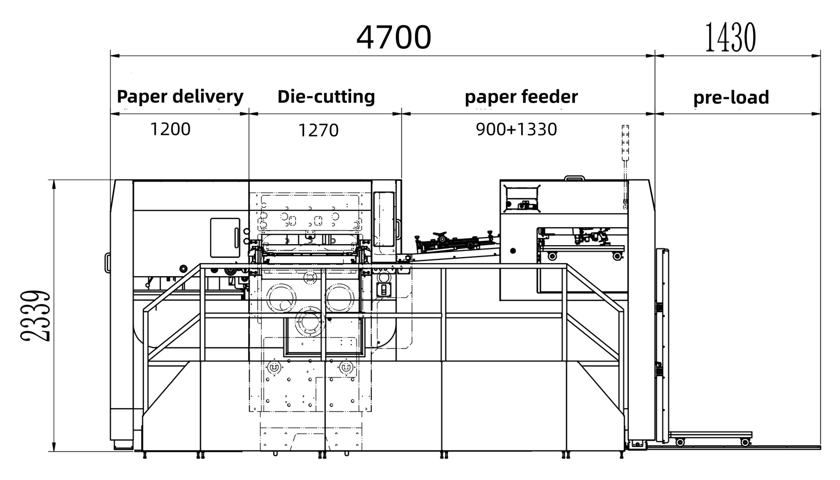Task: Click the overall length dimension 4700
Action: pos(394,38)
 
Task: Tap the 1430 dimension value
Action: pos(730,38)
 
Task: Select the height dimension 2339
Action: pos(36,316)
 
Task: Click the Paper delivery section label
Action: pos(180,96)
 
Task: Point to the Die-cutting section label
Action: pos(326,96)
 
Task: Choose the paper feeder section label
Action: pos(521,97)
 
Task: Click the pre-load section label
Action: pos(731,97)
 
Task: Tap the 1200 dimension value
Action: pos(170,129)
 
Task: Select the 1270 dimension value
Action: pos(318,130)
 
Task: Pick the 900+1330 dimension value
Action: pos(516,129)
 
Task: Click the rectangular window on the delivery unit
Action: pos(225,238)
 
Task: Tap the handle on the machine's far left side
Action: pos(108,263)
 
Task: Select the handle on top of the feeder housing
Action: pos(574,178)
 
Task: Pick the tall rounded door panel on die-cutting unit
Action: pos(384,219)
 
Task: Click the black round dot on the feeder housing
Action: pos(513,251)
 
